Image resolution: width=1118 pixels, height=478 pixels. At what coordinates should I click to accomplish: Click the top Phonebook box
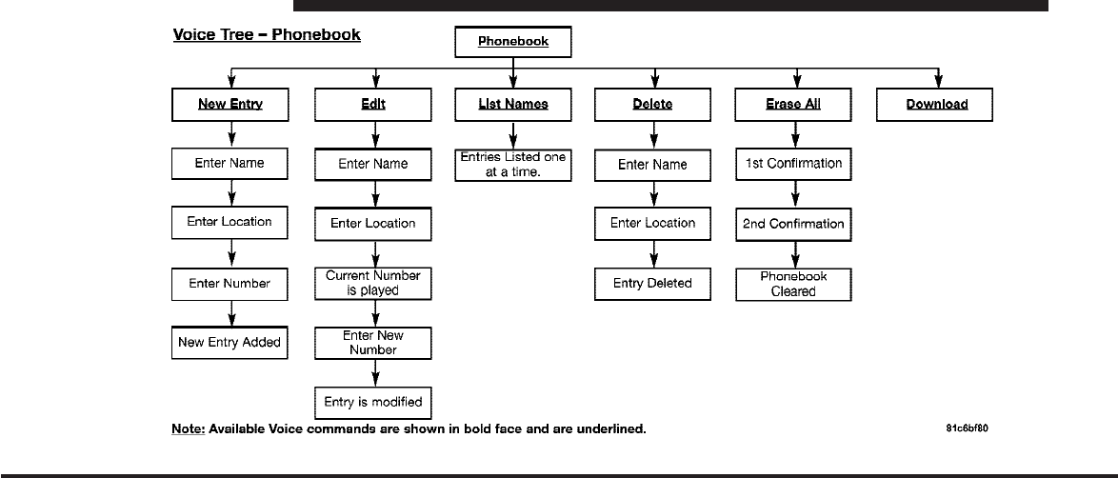[513, 41]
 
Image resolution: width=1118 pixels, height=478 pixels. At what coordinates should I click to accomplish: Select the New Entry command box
[230, 104]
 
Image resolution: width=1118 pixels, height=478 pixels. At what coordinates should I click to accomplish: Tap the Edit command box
[373, 104]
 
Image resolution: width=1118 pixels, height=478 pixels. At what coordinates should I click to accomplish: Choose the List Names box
[513, 104]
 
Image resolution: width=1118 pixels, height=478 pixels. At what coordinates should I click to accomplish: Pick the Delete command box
[653, 104]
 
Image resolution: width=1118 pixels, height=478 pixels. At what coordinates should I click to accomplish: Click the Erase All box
[793, 104]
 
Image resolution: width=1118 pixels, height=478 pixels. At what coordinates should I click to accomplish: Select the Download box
[935, 104]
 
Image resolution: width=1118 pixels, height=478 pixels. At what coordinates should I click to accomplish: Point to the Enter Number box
[230, 284]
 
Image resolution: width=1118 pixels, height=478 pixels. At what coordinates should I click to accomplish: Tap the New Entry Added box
[230, 343]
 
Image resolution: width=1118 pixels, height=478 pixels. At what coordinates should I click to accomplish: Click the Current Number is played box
[373, 283]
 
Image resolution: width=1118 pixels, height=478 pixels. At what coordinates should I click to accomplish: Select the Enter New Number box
[373, 343]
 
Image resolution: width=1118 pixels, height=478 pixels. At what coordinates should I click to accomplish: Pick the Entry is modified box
[373, 403]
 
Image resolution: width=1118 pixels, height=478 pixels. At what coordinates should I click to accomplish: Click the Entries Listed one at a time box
[513, 165]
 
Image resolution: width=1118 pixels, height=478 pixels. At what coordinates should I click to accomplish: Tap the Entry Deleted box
[653, 284]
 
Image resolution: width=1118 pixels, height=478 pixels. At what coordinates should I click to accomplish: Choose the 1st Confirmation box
[793, 164]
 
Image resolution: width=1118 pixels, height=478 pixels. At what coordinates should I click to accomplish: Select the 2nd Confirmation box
[793, 224]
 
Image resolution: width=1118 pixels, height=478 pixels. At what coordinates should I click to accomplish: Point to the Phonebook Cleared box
[793, 284]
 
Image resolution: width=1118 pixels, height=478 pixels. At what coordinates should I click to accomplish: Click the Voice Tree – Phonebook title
[267, 35]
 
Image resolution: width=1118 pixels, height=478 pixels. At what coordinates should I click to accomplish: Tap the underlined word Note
[189, 428]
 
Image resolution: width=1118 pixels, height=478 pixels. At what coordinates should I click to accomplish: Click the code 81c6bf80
[967, 428]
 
